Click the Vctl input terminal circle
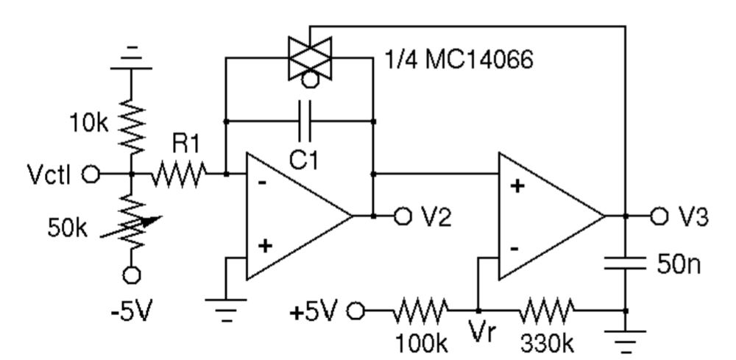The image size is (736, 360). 91,174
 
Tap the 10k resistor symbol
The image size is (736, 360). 132,125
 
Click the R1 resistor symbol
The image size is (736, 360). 179,174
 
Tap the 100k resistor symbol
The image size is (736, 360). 419,311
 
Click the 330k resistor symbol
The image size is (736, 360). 545,311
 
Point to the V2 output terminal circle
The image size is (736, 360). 402,216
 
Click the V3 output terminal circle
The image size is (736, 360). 660,216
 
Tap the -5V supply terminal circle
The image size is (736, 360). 132,275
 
